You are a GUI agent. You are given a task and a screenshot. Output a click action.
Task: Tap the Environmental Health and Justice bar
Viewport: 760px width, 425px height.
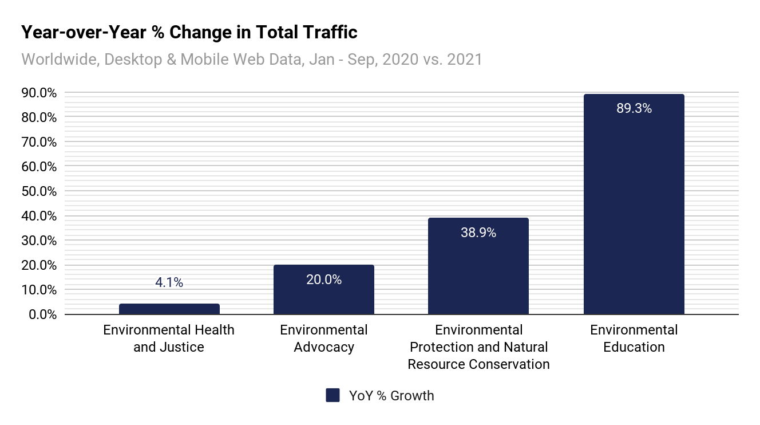coord(169,309)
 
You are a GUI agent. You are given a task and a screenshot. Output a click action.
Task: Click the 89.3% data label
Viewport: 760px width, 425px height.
coord(634,108)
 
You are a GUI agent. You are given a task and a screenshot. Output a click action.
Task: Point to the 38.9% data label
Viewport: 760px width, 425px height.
coord(478,233)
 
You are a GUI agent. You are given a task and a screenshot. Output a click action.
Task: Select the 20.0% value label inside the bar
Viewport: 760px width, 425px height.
coord(323,280)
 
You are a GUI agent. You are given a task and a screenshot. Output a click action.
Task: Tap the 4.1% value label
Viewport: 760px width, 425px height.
coord(169,282)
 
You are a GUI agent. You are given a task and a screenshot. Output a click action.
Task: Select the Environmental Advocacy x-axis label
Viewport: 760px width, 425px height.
coord(323,339)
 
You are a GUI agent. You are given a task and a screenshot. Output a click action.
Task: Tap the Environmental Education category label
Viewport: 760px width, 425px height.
coord(634,339)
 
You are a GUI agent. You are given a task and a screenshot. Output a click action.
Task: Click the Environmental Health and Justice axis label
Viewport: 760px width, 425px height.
coord(169,339)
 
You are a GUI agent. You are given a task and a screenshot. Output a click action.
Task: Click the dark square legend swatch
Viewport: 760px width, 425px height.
coord(333,395)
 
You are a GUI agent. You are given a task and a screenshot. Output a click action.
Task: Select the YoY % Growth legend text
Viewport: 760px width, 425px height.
coord(391,396)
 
